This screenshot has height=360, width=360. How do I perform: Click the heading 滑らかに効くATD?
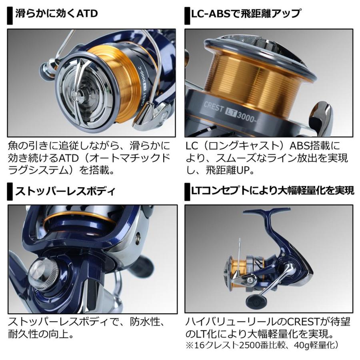click(x=56, y=14)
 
